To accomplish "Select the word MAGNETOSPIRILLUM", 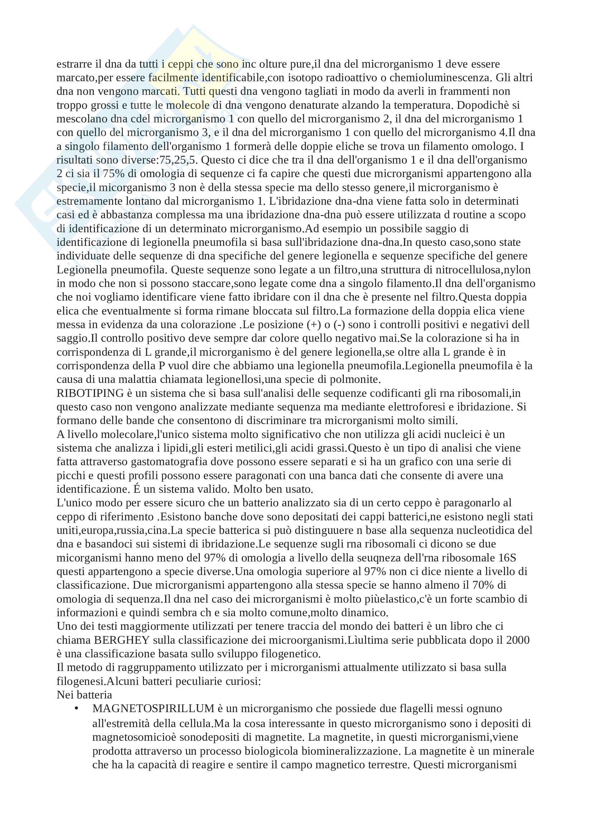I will pyautogui.click(x=153, y=709).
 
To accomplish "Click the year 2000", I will pyautogui.click(x=518, y=640).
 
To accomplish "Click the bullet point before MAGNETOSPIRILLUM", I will pyautogui.click(x=76, y=709).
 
